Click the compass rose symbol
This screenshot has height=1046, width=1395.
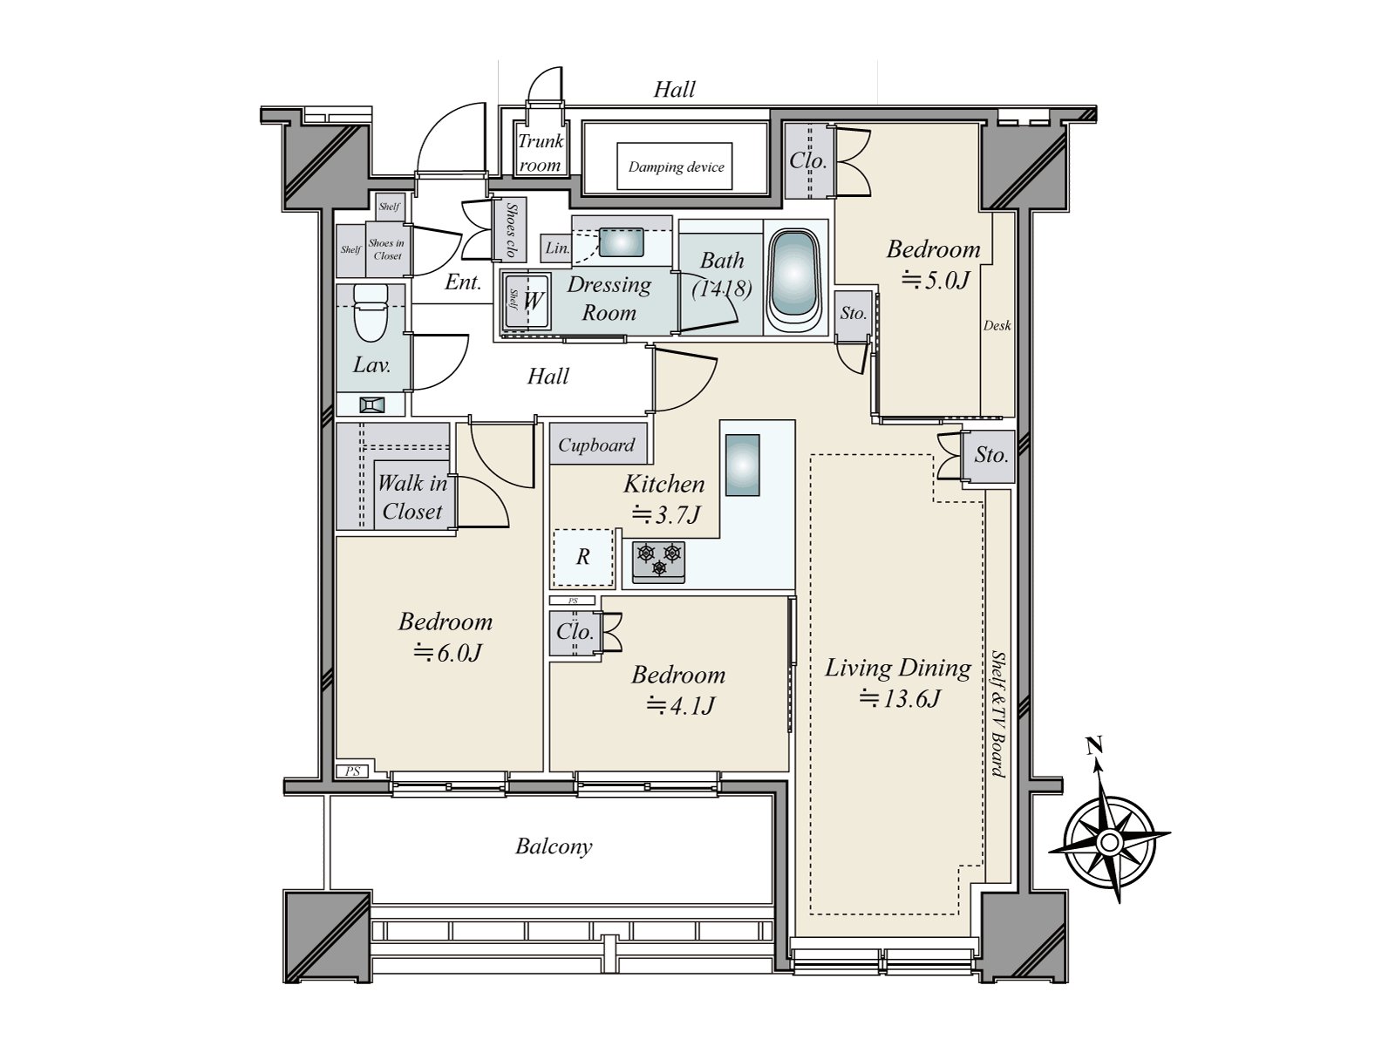[x=1109, y=842]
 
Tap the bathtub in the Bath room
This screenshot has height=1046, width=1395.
[x=794, y=281]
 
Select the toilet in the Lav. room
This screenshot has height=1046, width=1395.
[x=370, y=312]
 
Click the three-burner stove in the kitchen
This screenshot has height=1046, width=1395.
[x=658, y=561]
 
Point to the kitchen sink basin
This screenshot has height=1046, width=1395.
[x=742, y=465]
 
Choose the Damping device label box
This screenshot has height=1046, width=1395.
[x=675, y=166]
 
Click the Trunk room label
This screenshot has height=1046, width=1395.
[x=541, y=153]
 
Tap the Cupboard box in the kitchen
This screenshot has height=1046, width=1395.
[x=597, y=444]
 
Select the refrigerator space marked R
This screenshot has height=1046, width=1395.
[x=582, y=558]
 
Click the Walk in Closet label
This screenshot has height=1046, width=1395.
[x=412, y=497]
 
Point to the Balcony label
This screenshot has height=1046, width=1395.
[x=554, y=846]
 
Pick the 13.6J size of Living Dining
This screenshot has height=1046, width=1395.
[x=899, y=698]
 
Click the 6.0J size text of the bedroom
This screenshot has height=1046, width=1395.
[x=447, y=652]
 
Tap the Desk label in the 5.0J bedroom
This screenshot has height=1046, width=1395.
[x=997, y=325]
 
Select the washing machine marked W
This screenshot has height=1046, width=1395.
[x=527, y=301]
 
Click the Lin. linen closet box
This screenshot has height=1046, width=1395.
[x=557, y=247]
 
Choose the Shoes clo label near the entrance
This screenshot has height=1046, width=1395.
[x=510, y=230]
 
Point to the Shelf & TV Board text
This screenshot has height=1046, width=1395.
[x=998, y=715]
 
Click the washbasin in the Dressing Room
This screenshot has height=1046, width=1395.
[x=621, y=242]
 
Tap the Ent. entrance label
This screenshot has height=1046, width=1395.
[x=463, y=282]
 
